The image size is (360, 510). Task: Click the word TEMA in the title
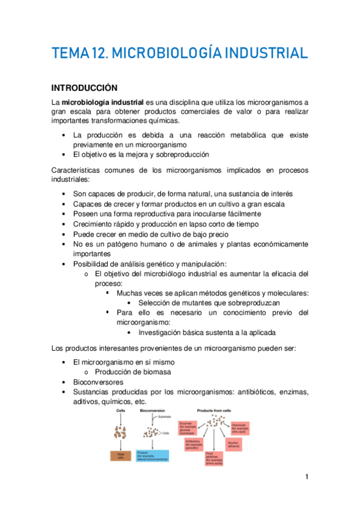[70, 54]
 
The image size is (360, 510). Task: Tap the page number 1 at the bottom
[307, 477]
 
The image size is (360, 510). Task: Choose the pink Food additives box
[215, 458]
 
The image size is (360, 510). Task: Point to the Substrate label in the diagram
[164, 416]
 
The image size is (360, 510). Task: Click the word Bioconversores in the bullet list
[98, 382]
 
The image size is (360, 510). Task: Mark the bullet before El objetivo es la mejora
[64, 154]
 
